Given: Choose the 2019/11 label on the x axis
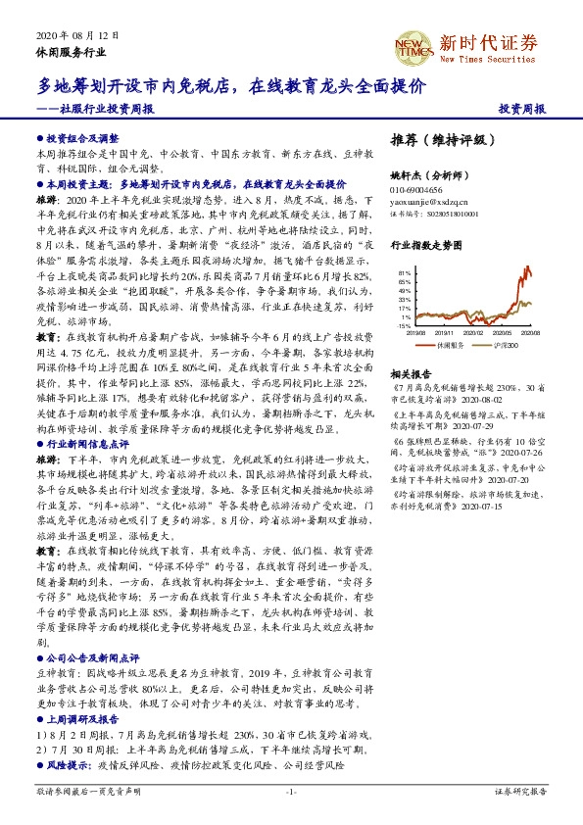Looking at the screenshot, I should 448,333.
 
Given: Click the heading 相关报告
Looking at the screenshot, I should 411,374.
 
